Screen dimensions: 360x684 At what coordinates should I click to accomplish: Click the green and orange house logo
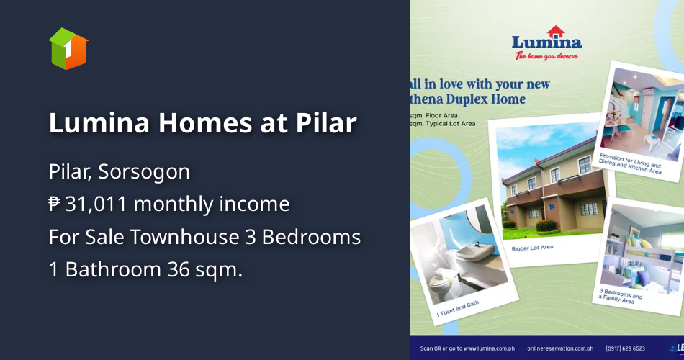tap(68, 48)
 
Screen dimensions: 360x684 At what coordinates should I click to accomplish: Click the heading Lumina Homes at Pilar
tap(202, 123)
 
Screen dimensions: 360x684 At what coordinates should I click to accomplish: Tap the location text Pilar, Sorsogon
tap(120, 172)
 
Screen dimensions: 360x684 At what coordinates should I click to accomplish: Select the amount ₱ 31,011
tap(88, 204)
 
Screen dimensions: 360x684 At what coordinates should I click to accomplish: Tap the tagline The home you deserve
tap(546, 56)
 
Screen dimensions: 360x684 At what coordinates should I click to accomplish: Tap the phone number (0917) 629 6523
tap(626, 348)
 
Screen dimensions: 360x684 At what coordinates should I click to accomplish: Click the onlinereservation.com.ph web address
tap(557, 348)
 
